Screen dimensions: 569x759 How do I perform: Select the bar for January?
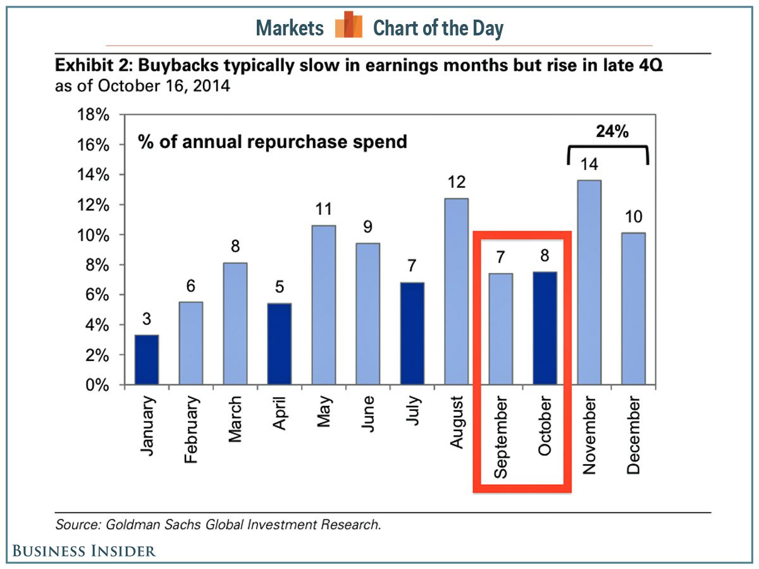(146, 360)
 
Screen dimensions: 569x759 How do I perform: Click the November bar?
(589, 283)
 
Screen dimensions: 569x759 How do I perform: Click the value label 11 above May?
(323, 209)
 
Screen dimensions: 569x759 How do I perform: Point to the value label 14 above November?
(589, 164)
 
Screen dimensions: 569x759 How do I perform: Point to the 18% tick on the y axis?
(94, 115)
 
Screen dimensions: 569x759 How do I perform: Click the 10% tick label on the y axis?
(94, 235)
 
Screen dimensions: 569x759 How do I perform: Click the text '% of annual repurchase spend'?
(272, 142)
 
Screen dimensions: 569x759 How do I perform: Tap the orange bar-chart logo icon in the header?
(349, 26)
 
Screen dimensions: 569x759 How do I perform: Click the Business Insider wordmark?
(83, 551)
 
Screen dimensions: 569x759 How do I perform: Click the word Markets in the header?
(290, 28)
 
